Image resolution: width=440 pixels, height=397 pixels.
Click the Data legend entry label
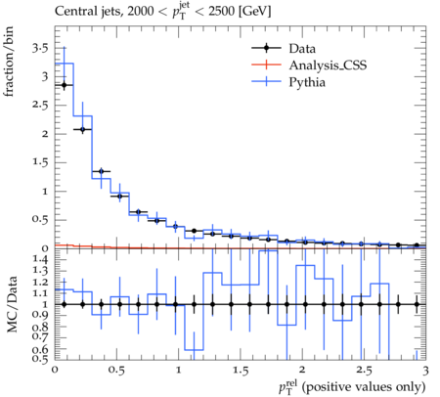click(302, 49)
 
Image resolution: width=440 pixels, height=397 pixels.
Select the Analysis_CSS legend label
click(328, 66)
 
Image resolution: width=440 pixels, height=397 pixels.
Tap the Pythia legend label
click(307, 82)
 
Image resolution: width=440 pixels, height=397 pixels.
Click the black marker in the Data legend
click(266, 48)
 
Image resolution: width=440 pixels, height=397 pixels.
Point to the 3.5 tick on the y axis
click(40, 49)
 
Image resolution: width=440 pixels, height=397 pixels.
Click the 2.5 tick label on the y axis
click(40, 106)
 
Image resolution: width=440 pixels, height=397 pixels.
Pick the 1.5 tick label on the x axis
click(241, 371)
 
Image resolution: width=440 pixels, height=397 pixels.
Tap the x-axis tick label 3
click(425, 371)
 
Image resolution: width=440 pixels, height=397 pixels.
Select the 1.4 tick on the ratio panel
click(40, 260)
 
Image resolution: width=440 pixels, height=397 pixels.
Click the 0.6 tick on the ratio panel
click(40, 350)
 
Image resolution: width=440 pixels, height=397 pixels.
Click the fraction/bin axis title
click(9, 62)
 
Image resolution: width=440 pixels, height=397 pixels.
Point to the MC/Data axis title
click(12, 304)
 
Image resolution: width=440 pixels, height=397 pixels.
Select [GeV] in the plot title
click(254, 12)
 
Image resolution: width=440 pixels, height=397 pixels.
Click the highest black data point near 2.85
click(65, 85)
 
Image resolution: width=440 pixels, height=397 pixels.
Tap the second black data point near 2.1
click(83, 129)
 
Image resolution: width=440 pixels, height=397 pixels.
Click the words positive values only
click(364, 387)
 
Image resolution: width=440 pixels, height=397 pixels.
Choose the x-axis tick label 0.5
click(116, 371)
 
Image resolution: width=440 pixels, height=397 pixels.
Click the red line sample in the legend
click(266, 65)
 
